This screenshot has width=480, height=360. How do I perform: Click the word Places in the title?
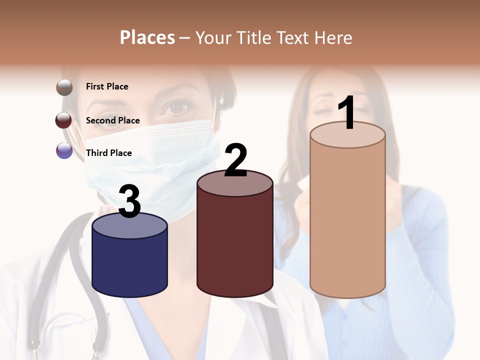click(147, 37)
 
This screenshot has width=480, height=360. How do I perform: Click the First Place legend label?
click(107, 86)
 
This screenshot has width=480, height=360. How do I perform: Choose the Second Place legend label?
click(112, 120)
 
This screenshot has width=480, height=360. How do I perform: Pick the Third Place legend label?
click(108, 153)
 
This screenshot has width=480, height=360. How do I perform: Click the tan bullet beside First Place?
click(64, 87)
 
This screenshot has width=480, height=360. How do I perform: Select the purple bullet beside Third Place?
click(64, 150)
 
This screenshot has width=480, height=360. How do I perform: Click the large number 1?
click(346, 113)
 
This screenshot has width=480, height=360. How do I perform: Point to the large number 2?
click(235, 160)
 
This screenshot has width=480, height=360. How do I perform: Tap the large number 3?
click(130, 201)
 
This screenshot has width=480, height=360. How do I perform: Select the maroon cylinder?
click(235, 245)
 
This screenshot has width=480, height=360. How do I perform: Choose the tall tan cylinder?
click(347, 220)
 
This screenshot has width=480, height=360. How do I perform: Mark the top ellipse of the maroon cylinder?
click(235, 183)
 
